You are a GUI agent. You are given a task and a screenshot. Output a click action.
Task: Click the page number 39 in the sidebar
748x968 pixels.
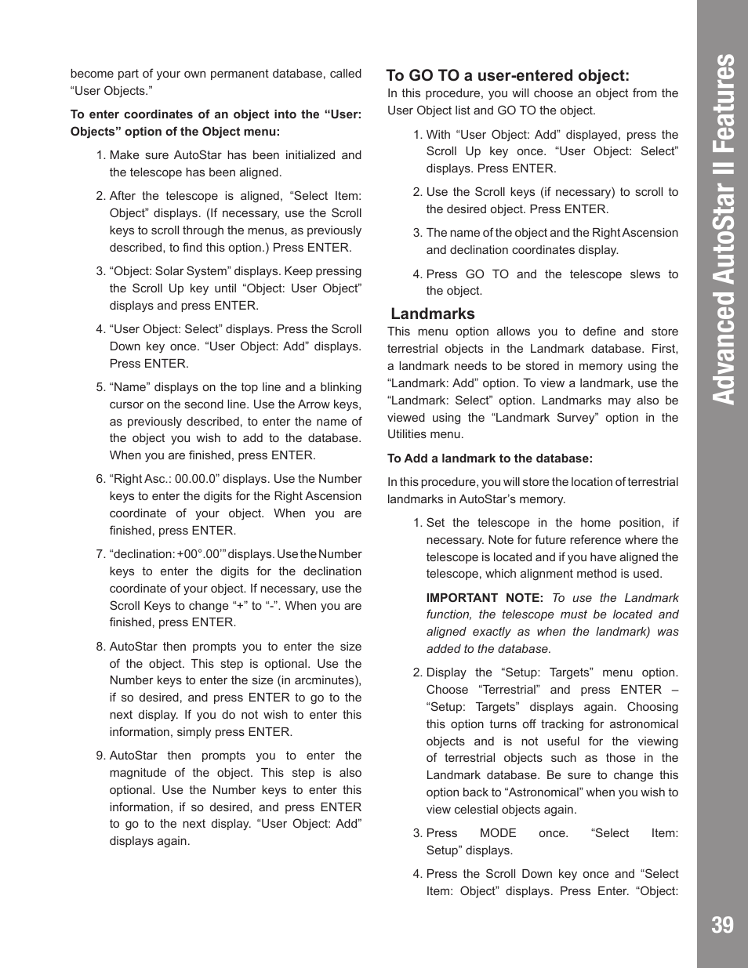[722, 925]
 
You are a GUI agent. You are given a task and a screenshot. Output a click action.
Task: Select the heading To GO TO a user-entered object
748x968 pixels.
[507, 75]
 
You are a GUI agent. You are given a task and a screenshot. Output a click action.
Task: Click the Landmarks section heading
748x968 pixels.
[432, 314]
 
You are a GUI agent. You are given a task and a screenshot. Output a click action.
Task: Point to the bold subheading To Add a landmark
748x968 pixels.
[489, 459]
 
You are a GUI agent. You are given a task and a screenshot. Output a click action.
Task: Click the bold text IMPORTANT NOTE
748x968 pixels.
[484, 597]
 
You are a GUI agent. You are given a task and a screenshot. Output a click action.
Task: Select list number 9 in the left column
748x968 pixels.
[100, 756]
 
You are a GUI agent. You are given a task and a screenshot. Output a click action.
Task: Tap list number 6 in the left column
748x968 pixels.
[100, 479]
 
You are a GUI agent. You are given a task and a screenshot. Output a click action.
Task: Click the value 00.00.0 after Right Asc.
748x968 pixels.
[198, 479]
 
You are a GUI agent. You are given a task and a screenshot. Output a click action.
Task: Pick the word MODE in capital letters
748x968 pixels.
[497, 833]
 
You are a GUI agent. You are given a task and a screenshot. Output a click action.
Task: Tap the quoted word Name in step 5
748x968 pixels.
[129, 387]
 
